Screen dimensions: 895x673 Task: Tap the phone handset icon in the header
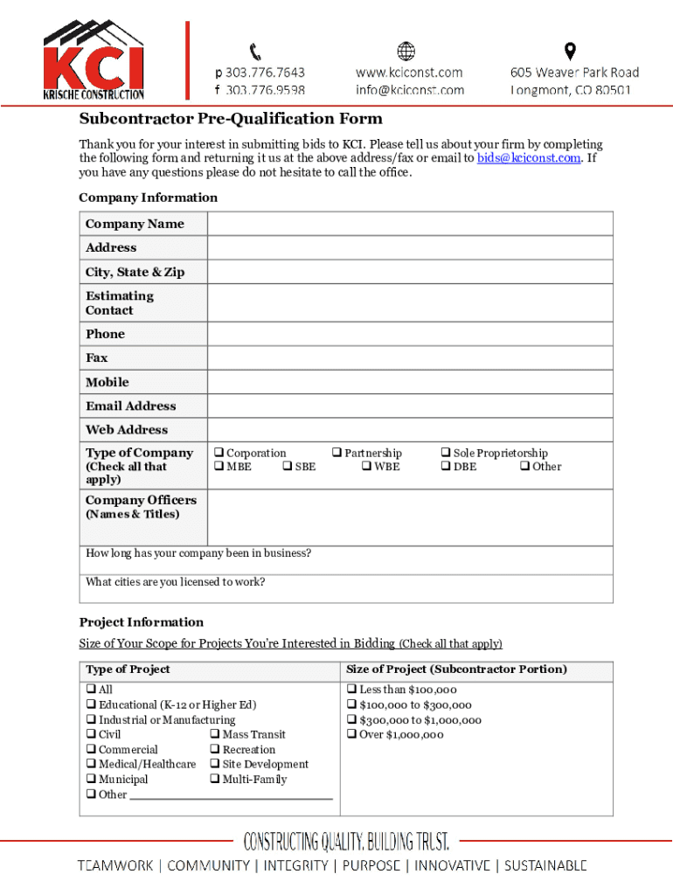(256, 52)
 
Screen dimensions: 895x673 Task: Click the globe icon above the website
(406, 52)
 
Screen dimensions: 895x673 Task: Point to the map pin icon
(570, 52)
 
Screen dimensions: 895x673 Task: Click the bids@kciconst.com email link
(528, 158)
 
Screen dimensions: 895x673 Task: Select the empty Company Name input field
(410, 224)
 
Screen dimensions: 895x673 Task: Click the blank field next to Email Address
(410, 406)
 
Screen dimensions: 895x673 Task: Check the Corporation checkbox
(219, 453)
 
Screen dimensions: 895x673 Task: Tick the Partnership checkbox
(336, 453)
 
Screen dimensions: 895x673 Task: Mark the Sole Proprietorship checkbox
(445, 453)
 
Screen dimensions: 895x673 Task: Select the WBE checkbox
(366, 467)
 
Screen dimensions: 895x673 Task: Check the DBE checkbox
(445, 467)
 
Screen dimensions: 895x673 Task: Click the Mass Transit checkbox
(214, 735)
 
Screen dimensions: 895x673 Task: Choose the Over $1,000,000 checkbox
(351, 735)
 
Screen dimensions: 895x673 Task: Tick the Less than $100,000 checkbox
(351, 690)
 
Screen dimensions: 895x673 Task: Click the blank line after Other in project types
(231, 794)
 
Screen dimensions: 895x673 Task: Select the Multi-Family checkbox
(214, 780)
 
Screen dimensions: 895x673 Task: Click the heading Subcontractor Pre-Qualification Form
(231, 119)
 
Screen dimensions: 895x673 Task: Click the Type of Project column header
(128, 670)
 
